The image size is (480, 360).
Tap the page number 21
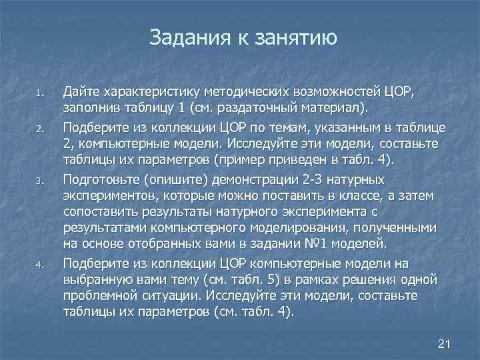(x=445, y=344)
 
